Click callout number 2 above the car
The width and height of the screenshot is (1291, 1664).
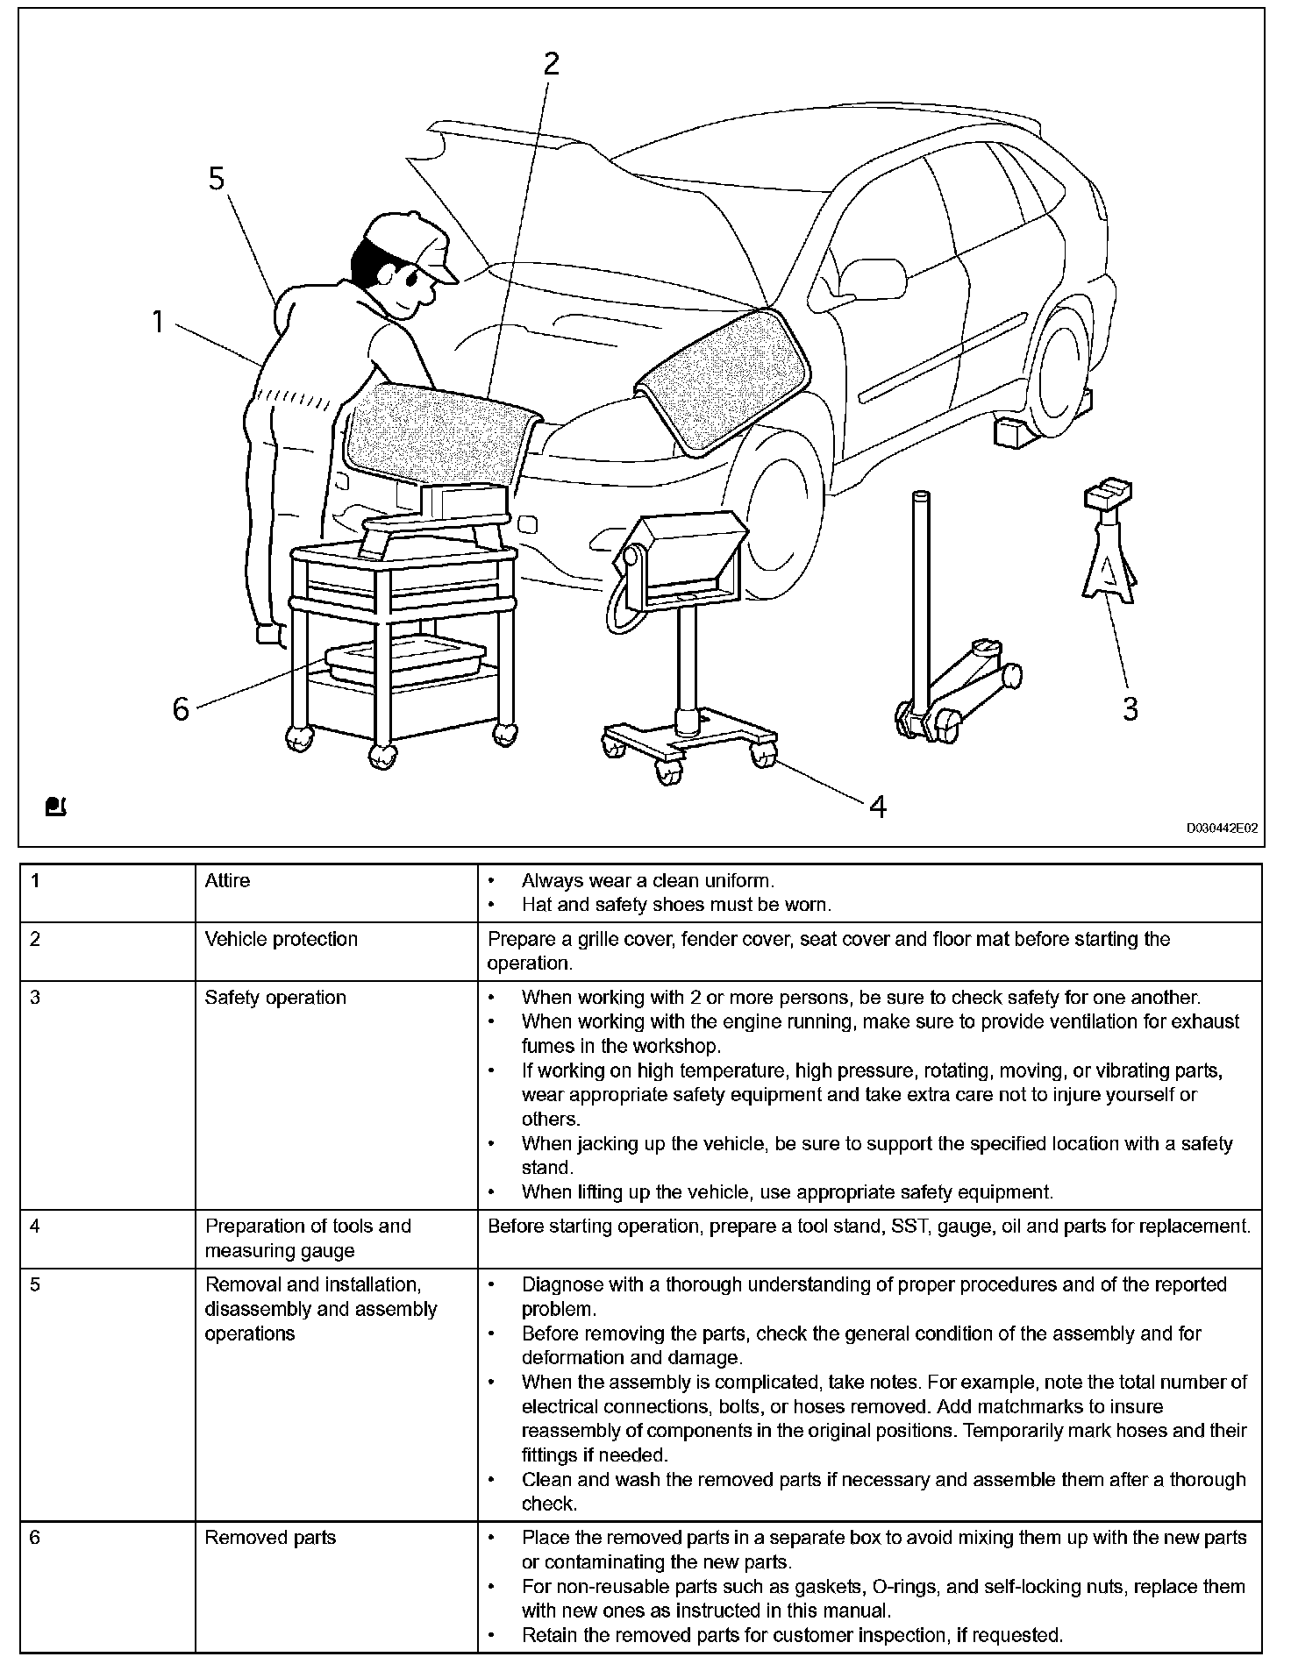click(551, 64)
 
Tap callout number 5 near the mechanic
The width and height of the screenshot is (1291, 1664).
click(217, 180)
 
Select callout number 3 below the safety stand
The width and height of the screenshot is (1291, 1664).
click(1131, 709)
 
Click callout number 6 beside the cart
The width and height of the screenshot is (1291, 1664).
click(181, 709)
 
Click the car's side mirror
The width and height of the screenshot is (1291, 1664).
click(874, 279)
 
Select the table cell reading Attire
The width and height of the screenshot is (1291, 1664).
click(227, 881)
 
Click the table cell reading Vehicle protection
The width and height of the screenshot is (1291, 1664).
click(281, 940)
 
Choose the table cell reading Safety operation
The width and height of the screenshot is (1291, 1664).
click(275, 998)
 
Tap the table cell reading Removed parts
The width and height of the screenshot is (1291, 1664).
click(270, 1538)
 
